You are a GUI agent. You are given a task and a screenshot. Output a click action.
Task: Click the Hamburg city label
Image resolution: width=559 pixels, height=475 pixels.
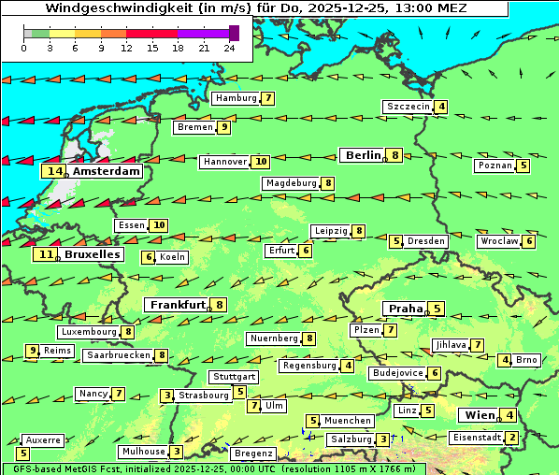point(236,98)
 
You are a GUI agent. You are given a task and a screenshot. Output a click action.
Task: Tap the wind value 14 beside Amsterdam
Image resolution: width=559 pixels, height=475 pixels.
point(54,171)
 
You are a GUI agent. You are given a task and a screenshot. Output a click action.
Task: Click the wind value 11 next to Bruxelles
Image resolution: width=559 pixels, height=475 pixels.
point(45,254)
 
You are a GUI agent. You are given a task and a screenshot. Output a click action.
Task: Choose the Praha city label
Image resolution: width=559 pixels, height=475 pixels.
point(406,309)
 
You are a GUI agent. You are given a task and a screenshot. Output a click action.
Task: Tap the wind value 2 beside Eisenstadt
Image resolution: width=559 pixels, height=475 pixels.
point(511,437)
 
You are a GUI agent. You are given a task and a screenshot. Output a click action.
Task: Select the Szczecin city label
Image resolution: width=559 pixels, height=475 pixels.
point(408,107)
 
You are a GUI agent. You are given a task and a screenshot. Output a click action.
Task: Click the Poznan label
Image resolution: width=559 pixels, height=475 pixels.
point(494,166)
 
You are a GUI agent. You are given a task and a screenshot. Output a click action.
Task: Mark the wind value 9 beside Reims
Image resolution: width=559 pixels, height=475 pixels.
point(33,351)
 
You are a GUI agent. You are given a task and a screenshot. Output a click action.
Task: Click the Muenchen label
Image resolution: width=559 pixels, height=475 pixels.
point(348,421)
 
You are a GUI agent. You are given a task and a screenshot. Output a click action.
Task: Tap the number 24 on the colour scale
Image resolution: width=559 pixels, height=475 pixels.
point(228,48)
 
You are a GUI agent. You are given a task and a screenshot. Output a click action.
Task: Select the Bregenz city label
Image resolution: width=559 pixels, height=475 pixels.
point(253,453)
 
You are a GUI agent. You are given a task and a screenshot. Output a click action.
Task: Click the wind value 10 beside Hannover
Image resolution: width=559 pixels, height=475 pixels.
point(261,162)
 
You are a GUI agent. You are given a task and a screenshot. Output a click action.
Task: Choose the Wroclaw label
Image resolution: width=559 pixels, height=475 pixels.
point(498,241)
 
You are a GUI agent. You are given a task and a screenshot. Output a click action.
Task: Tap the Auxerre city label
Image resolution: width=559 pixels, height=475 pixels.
point(43,439)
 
